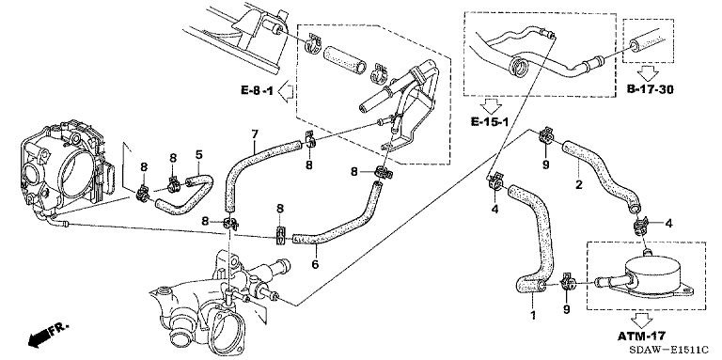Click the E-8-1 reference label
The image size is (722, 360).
pos(257,90)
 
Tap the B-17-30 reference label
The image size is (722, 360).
pos(650,89)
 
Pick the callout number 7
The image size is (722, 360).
pos(254,134)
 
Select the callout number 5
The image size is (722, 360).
pos(198,154)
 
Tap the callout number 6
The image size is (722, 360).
pos(316,264)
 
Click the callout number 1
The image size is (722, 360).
pos(533,316)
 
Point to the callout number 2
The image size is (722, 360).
pos(579,185)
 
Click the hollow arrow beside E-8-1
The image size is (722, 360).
pos(286,90)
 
